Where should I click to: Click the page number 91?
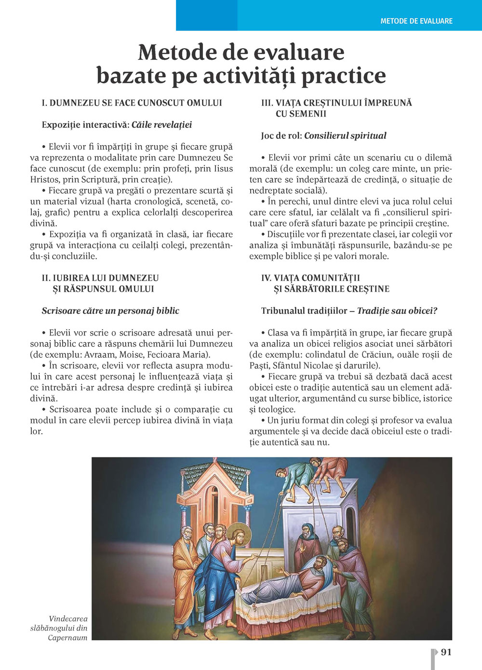click(x=446, y=652)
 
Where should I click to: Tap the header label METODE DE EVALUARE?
click(x=416, y=21)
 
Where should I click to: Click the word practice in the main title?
click(x=343, y=76)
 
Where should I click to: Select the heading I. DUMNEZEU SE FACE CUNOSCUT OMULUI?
click(x=132, y=103)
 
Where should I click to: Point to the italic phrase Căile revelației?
click(x=161, y=125)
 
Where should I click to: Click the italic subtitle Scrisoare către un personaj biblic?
click(x=110, y=311)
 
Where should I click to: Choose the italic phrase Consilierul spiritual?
click(x=345, y=136)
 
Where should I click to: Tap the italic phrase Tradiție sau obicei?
click(x=397, y=311)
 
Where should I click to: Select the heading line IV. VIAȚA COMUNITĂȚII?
click(x=310, y=278)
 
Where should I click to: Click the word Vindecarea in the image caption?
click(x=68, y=619)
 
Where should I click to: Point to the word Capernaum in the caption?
click(x=67, y=638)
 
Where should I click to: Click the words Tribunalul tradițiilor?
click(x=304, y=311)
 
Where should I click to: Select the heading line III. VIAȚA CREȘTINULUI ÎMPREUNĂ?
click(x=336, y=103)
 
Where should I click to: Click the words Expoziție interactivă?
click(x=85, y=125)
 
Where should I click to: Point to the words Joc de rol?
click(x=280, y=136)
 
